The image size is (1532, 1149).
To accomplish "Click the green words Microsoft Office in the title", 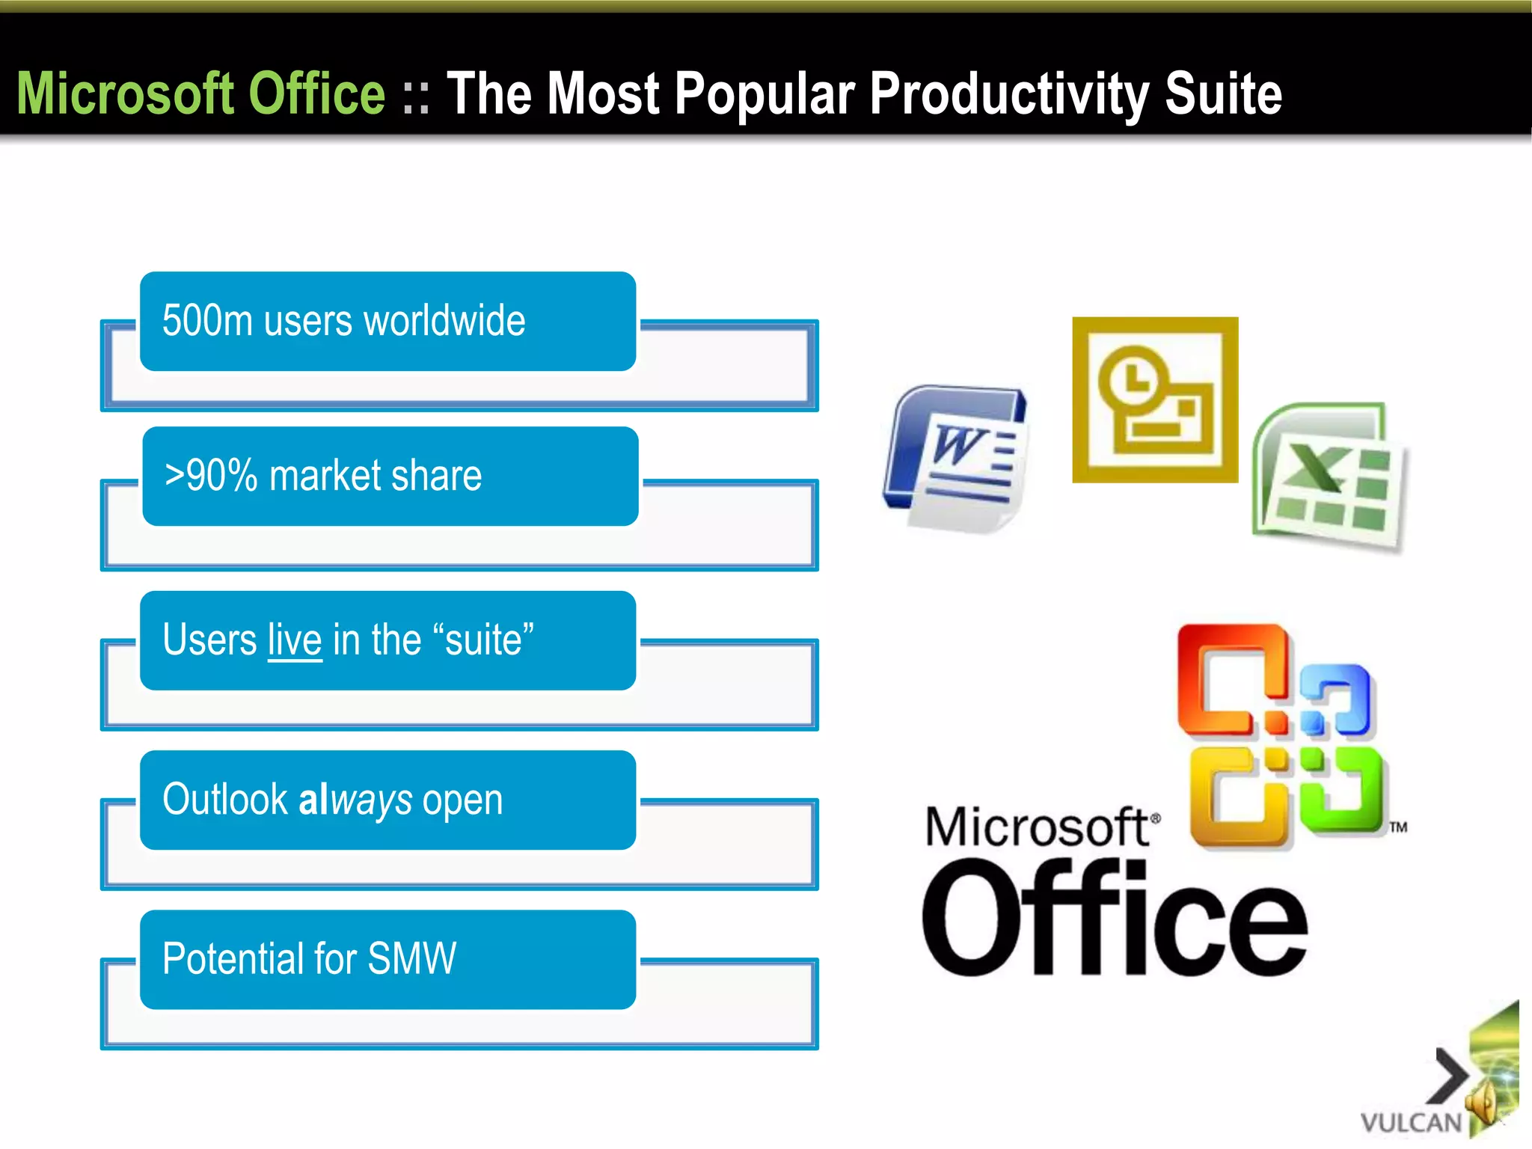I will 200,94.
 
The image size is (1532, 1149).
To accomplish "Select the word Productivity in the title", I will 1010,95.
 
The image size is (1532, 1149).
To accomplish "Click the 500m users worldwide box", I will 387,322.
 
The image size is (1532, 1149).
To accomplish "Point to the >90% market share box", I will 389,477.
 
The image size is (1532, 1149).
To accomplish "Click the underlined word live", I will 295,640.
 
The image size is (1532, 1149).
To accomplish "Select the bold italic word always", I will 355,800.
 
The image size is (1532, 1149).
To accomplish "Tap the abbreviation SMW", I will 411,959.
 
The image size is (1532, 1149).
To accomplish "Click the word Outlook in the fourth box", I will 225,800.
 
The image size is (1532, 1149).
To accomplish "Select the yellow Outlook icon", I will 1155,400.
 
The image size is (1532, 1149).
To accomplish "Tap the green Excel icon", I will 1330,479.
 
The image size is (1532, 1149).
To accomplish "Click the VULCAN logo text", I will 1410,1123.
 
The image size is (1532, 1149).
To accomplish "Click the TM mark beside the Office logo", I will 1398,827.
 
